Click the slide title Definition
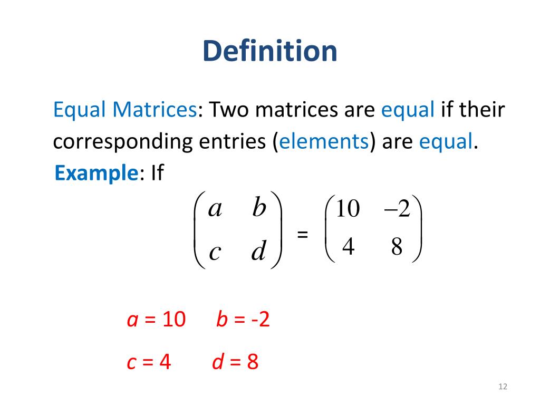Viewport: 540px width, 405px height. pos(270,52)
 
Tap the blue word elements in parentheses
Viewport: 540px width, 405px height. pos(324,142)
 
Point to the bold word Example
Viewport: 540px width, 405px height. pos(97,173)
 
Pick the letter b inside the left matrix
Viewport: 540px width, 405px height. pos(259,208)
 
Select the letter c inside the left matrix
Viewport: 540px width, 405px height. pos(214,252)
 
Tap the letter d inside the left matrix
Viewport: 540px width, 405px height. pos(258,251)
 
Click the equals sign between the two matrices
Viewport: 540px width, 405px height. pos(303,234)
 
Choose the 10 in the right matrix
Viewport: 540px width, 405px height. pos(347,209)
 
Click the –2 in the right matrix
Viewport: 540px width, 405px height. pos(397,209)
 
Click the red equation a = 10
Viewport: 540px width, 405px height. pos(156,320)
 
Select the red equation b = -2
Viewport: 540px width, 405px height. pos(243,320)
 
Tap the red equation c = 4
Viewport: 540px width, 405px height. pos(149,362)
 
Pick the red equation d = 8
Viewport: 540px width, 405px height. pos(235,362)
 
